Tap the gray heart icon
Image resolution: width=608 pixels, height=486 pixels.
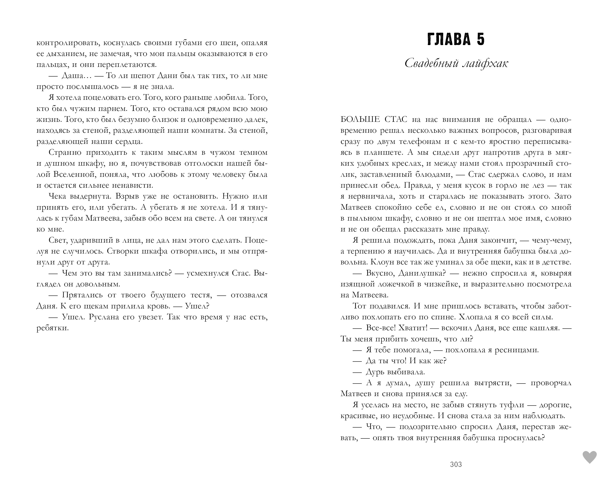(590, 457)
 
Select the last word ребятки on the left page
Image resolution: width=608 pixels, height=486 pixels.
(53, 328)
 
